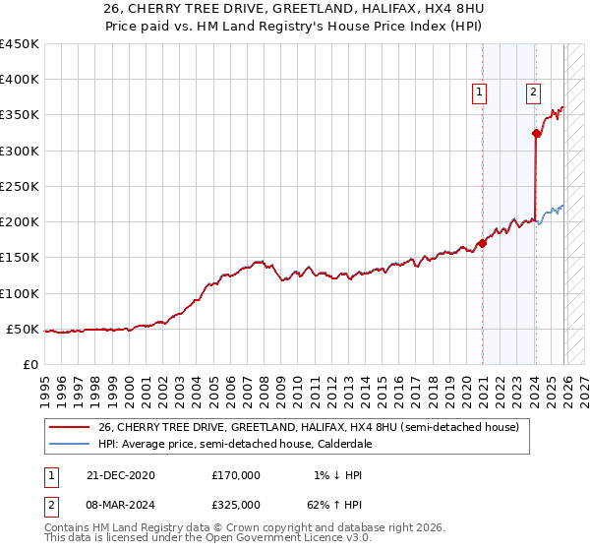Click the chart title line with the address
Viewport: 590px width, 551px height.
(x=294, y=9)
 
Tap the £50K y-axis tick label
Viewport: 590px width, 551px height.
(x=23, y=329)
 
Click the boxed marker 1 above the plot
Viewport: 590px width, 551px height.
(x=479, y=93)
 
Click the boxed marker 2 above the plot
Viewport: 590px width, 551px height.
(x=533, y=93)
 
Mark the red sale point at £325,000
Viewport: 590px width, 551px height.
(x=536, y=133)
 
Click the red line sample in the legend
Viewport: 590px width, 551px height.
(x=70, y=428)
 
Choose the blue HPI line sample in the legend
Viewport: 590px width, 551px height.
(x=70, y=445)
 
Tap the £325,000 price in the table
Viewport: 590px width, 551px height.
(x=236, y=505)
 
